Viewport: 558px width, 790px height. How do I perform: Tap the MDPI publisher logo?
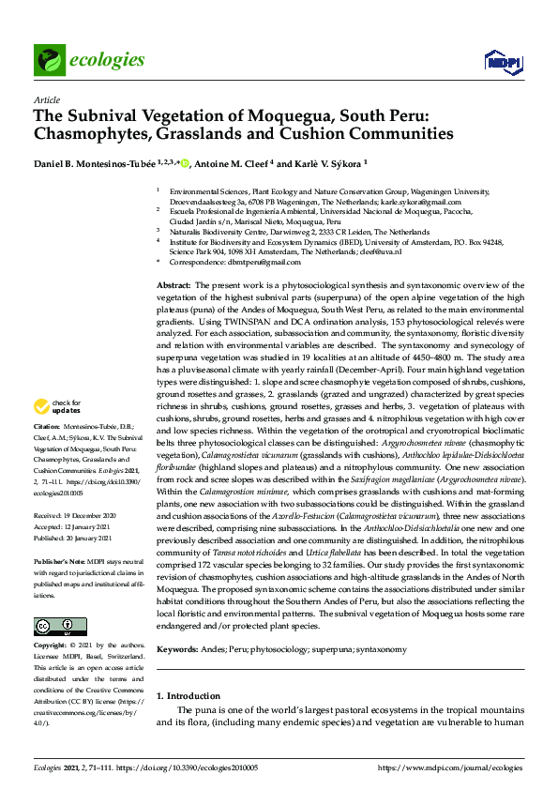[x=502, y=61]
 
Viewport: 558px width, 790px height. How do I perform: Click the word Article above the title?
[x=46, y=99]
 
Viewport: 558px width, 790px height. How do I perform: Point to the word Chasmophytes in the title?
[x=90, y=134]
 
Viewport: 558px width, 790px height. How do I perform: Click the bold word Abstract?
[x=173, y=284]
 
